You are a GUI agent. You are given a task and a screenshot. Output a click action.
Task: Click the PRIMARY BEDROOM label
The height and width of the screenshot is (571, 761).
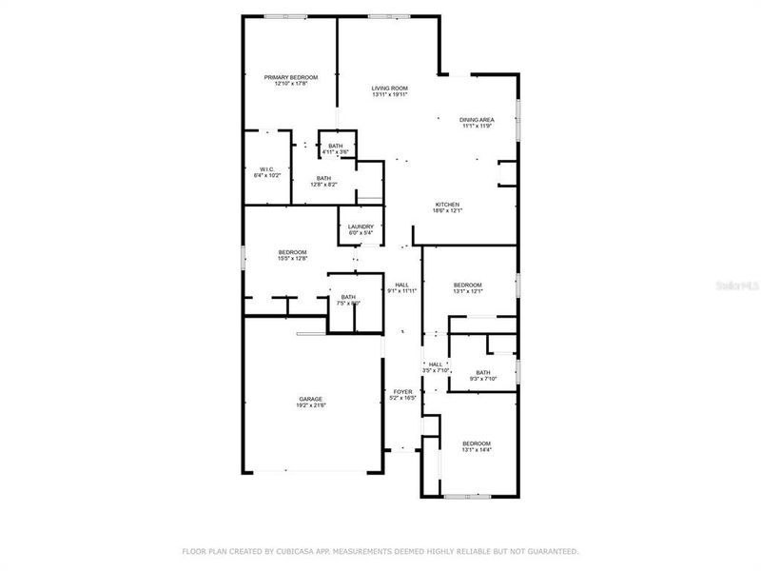[x=291, y=77]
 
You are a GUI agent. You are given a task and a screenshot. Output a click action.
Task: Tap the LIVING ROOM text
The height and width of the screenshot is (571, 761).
[x=390, y=89]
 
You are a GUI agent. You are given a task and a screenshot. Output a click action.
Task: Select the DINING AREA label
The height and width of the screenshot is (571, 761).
[x=477, y=119]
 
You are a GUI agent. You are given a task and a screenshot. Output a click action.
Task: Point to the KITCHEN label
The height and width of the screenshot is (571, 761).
[x=448, y=205]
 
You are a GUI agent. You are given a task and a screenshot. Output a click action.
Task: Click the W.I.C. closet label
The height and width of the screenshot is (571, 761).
[x=266, y=169]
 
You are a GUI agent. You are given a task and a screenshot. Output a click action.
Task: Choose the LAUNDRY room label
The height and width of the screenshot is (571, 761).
[x=361, y=226]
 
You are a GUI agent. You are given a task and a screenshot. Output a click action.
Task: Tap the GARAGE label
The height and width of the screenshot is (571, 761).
[x=311, y=399]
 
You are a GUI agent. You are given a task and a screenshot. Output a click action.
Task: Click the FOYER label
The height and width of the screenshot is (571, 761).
[x=403, y=391]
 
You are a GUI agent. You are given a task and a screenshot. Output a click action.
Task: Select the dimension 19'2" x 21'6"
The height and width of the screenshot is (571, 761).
[x=311, y=406]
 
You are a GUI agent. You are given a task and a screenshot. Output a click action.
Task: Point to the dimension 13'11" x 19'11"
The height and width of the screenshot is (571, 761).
[x=390, y=95]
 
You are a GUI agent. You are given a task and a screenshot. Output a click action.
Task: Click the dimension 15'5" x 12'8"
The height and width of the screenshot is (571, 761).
[x=292, y=258]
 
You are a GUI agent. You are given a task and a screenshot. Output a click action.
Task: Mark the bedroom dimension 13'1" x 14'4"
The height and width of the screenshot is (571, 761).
[x=477, y=450]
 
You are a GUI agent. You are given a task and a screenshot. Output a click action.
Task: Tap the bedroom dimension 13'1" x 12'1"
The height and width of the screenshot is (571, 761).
[x=467, y=292]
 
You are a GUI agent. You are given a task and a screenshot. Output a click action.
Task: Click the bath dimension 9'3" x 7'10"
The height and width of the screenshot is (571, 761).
[x=483, y=379]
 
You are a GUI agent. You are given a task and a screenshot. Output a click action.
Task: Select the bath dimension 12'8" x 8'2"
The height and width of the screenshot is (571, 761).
[x=324, y=185]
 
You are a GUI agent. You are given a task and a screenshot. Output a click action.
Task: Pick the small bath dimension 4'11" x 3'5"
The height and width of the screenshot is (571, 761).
[x=336, y=152]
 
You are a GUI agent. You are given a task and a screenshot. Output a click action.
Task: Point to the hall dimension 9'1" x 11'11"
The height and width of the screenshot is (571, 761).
[x=401, y=292]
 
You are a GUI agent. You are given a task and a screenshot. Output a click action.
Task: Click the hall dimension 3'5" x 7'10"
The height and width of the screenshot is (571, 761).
[x=436, y=371]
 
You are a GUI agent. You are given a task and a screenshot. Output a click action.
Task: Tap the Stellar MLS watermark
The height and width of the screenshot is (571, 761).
[x=738, y=283]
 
